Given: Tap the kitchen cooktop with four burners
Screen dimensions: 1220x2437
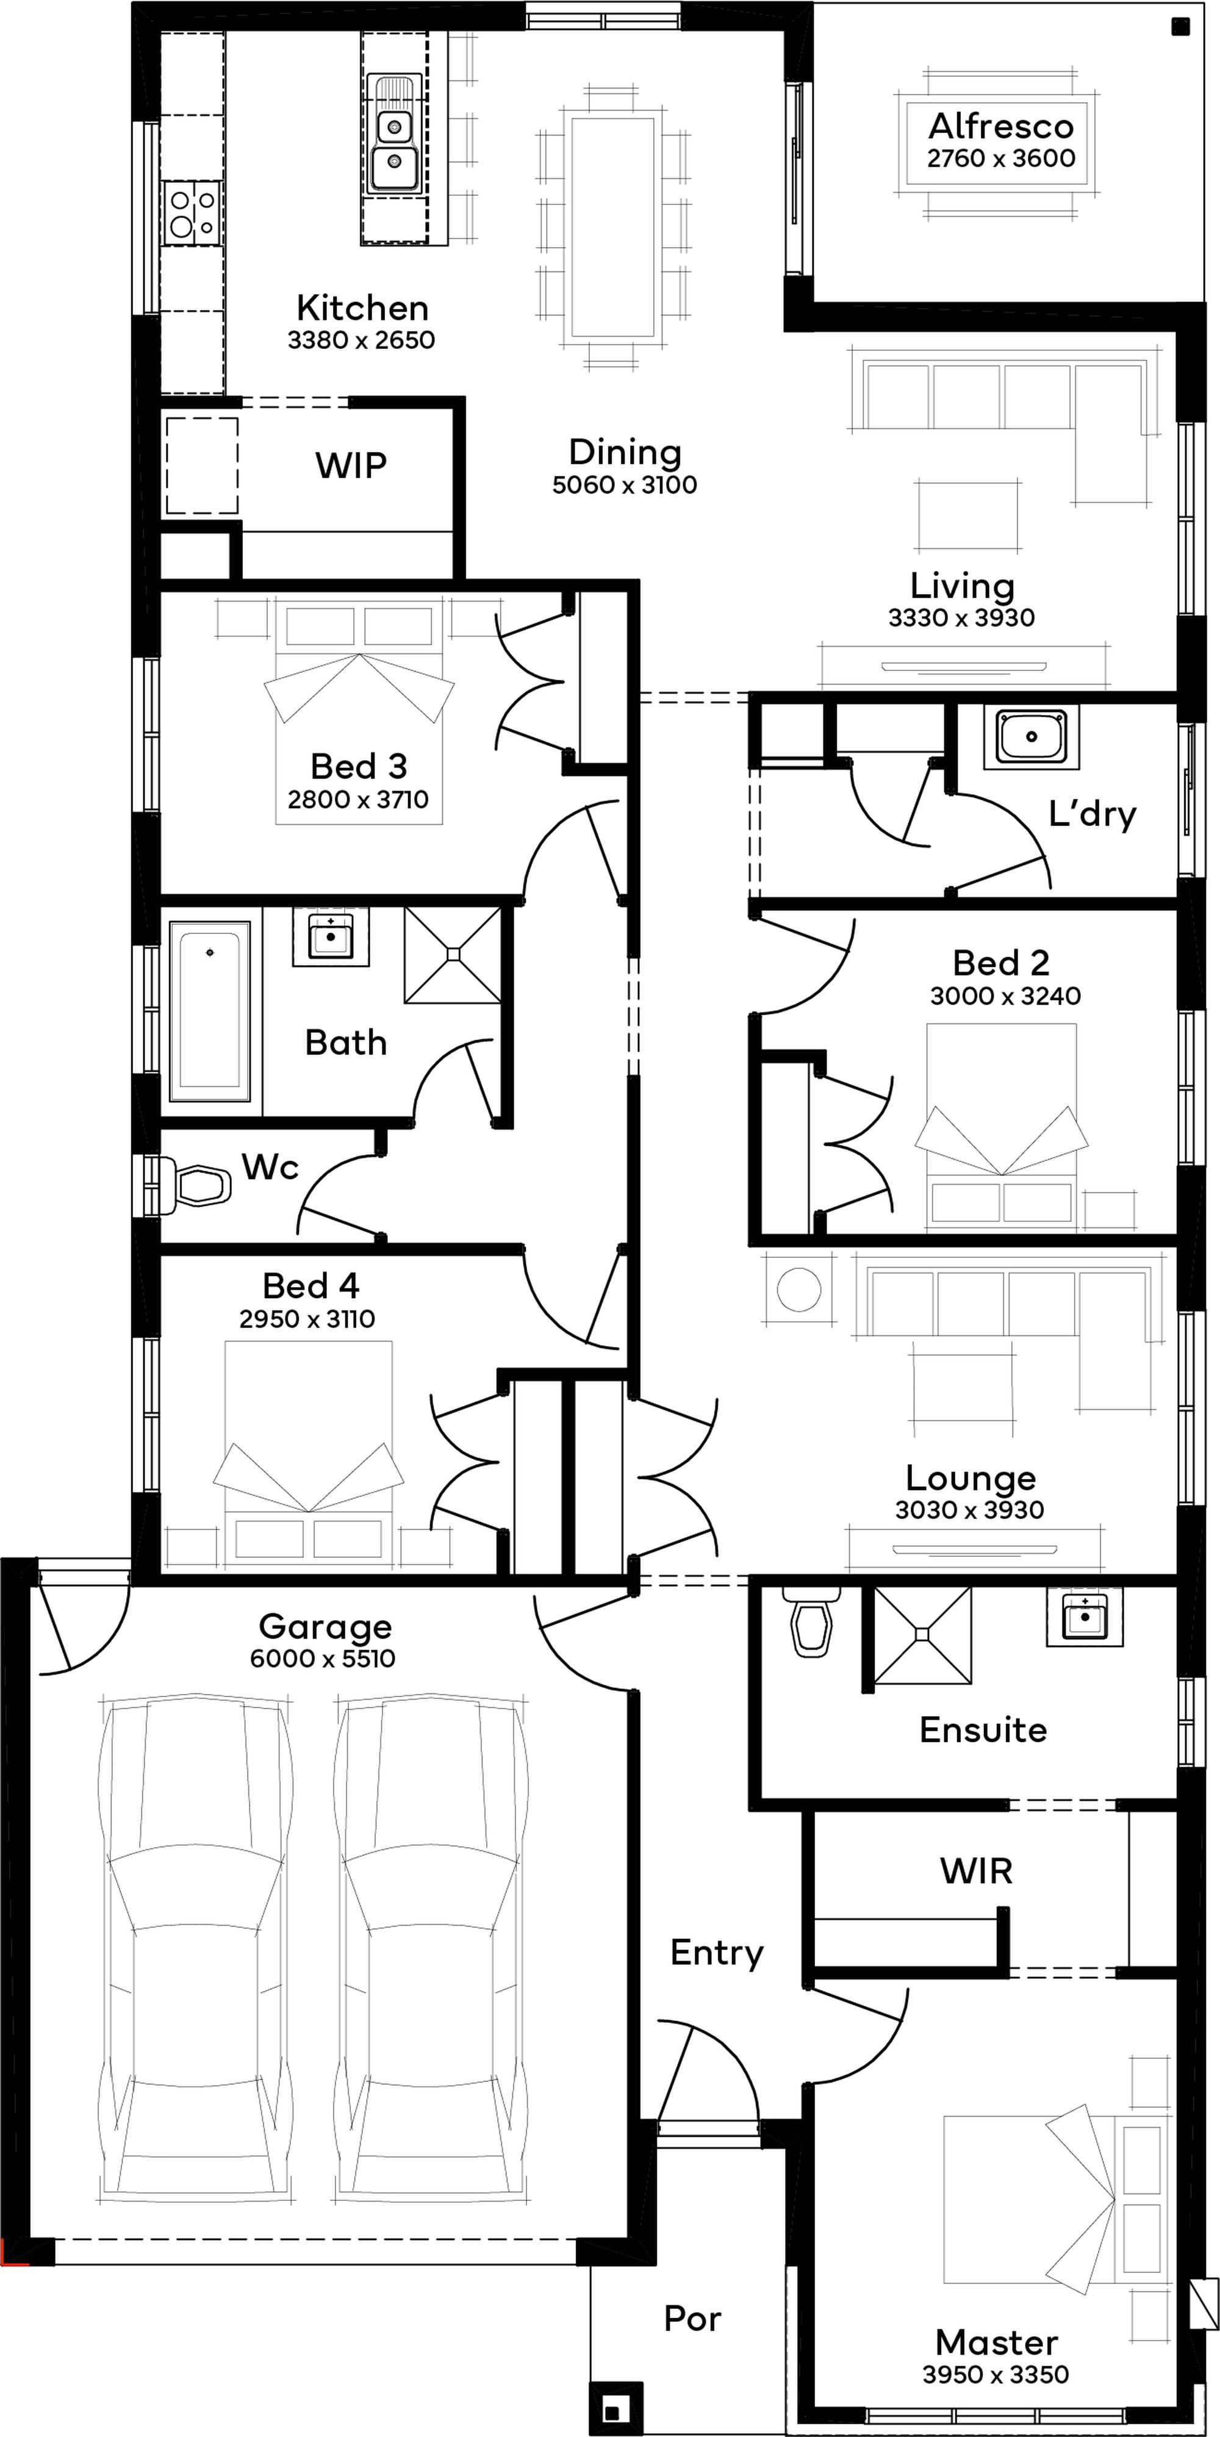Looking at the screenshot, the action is pyautogui.click(x=192, y=210).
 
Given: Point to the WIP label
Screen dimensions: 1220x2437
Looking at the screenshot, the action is pyautogui.click(x=351, y=465).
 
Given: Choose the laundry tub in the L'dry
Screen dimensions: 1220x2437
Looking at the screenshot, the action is pyautogui.click(x=1031, y=736).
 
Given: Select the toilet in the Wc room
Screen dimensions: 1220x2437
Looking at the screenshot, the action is pyautogui.click(x=190, y=1185).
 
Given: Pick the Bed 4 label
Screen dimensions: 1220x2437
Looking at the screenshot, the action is pyautogui.click(x=310, y=1286).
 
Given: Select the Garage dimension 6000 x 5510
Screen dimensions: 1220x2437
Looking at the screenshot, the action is pyautogui.click(x=323, y=1659).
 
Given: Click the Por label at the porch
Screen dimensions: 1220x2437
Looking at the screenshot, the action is pyautogui.click(x=692, y=2319).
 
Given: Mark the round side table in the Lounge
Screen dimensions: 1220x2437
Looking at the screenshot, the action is pyautogui.click(x=799, y=1290).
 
